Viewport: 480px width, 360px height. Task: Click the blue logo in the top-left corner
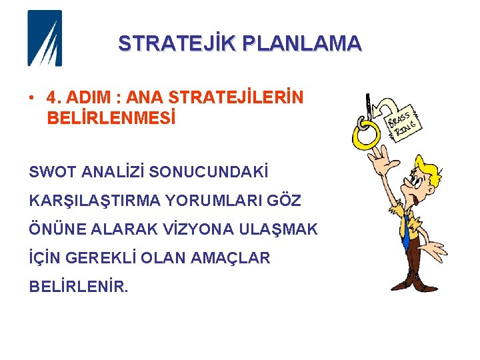click(44, 38)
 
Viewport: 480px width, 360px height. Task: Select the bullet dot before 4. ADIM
click(31, 98)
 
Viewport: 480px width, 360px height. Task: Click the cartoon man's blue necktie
click(405, 231)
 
